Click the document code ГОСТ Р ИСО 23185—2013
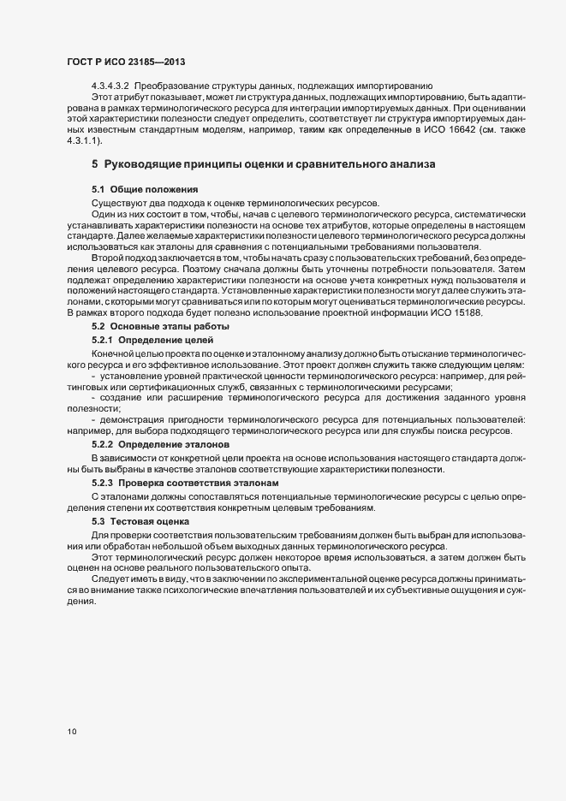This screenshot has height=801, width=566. [x=125, y=62]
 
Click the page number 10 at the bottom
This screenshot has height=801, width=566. [x=71, y=732]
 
